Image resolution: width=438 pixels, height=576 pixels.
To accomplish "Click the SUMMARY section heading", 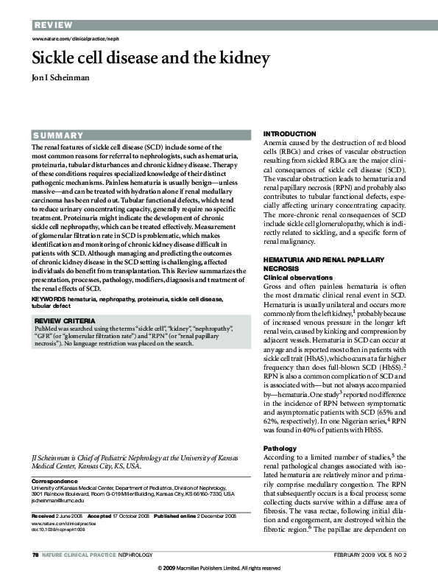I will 58,136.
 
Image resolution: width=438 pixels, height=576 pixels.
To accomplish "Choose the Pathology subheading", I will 280,449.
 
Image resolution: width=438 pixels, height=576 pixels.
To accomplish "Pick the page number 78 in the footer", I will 35,553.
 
